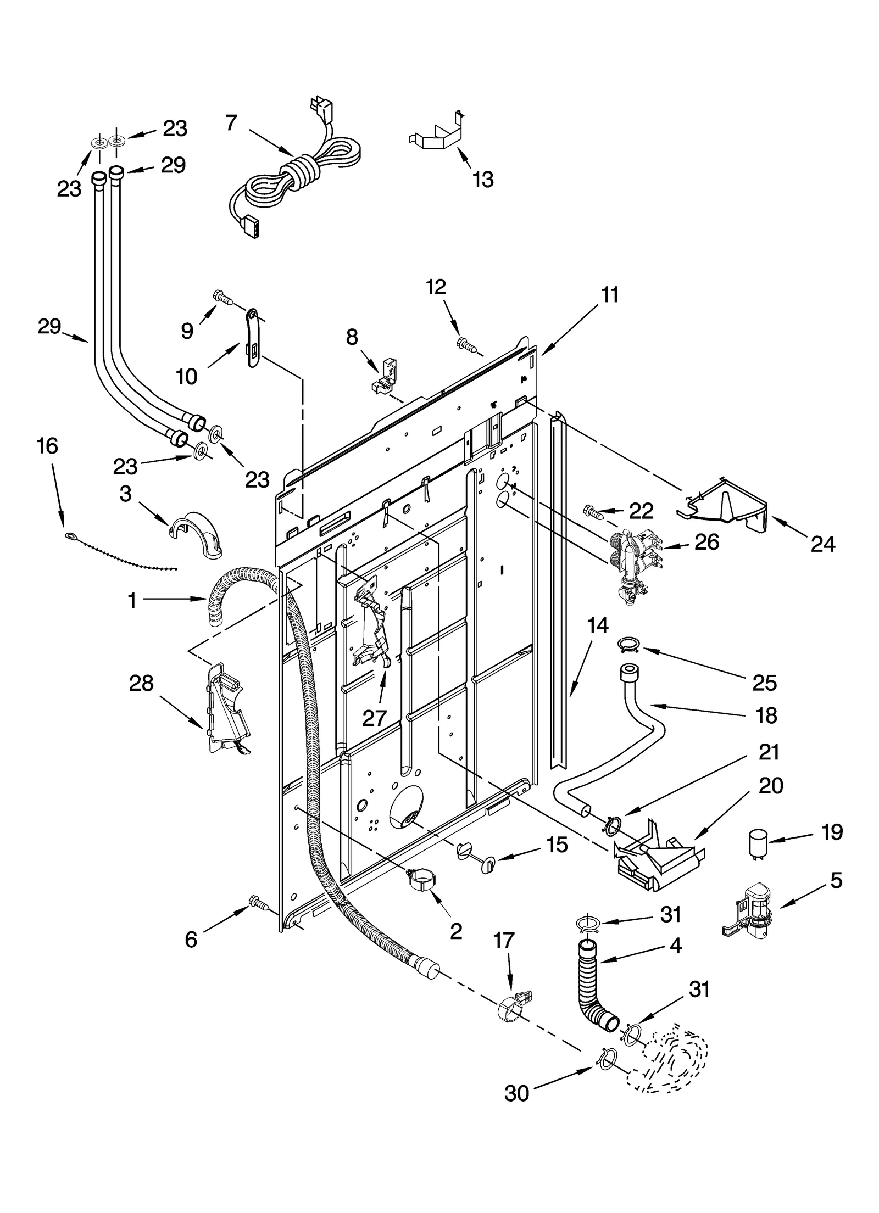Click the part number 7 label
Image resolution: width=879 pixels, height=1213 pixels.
click(x=231, y=123)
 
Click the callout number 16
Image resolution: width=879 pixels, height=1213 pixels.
click(x=47, y=446)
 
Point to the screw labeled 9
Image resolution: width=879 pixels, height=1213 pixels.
click(x=222, y=298)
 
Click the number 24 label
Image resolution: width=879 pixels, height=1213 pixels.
click(x=822, y=544)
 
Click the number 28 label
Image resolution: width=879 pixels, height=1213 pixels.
click(x=141, y=684)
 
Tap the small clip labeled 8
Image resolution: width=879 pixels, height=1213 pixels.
click(x=383, y=377)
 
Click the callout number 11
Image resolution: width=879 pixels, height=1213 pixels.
click(x=610, y=295)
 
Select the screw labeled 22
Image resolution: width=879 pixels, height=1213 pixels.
click(x=592, y=512)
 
